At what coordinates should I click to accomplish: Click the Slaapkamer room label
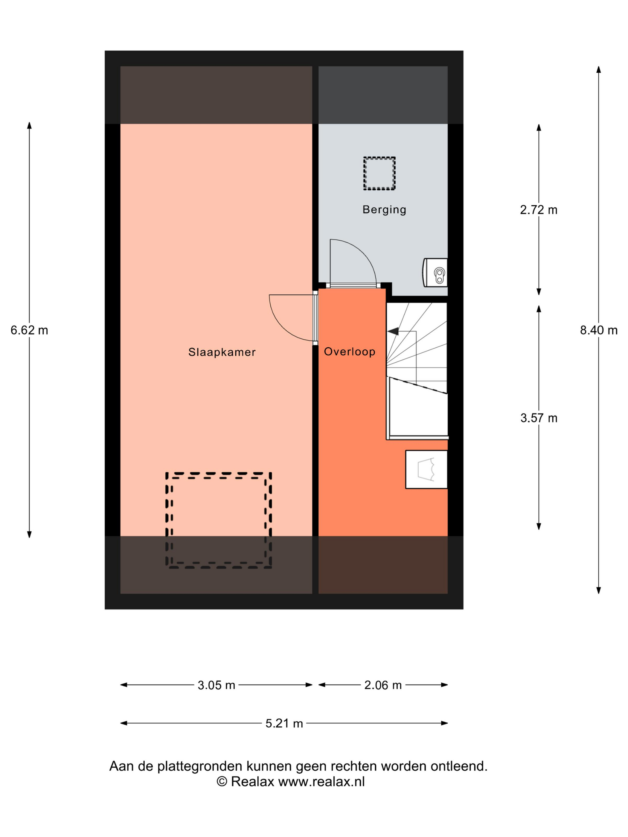point(222,352)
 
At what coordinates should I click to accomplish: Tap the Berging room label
point(384,210)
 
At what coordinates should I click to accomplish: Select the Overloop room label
point(349,352)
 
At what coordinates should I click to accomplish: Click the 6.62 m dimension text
point(29,330)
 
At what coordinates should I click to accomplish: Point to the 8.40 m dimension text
point(598,330)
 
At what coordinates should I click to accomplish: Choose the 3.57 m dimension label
point(539,418)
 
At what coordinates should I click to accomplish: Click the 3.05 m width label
point(216,685)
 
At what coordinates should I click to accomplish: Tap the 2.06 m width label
point(383,685)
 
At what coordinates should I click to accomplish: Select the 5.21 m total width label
point(284,723)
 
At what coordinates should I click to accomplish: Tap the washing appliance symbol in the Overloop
point(426,469)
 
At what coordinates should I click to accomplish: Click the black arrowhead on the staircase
point(393,332)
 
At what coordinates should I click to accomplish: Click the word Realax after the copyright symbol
point(252,782)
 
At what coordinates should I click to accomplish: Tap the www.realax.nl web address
point(321,782)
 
